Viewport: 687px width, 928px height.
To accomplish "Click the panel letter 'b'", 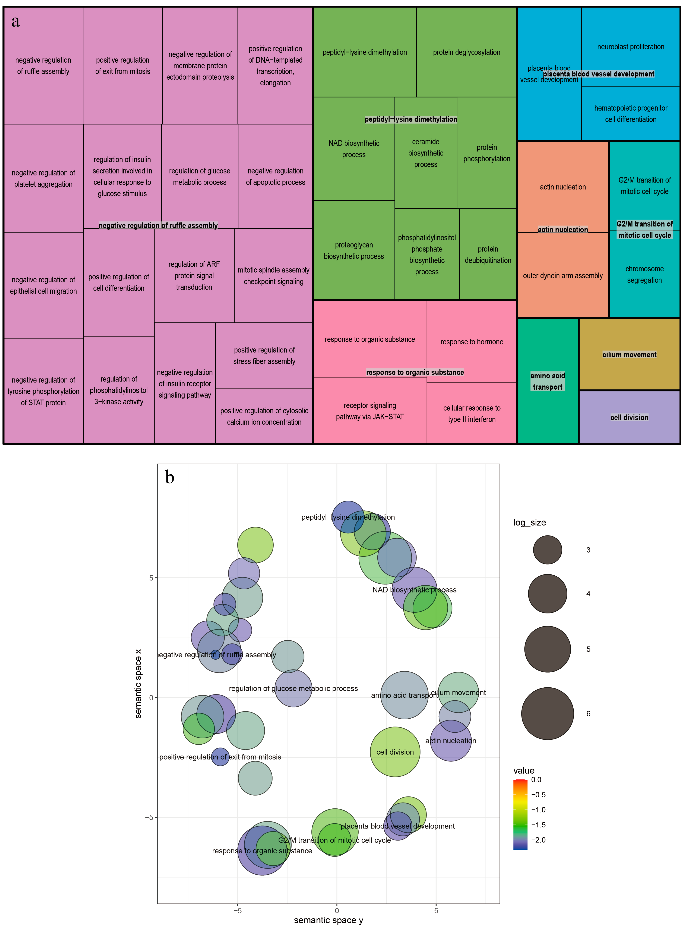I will tap(169, 477).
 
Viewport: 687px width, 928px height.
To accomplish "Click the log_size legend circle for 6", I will tap(547, 713).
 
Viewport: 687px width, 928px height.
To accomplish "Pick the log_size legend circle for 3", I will tap(547, 549).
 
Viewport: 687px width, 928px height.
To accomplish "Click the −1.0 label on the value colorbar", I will tap(538, 810).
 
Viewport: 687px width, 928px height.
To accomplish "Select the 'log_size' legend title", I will tap(529, 522).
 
